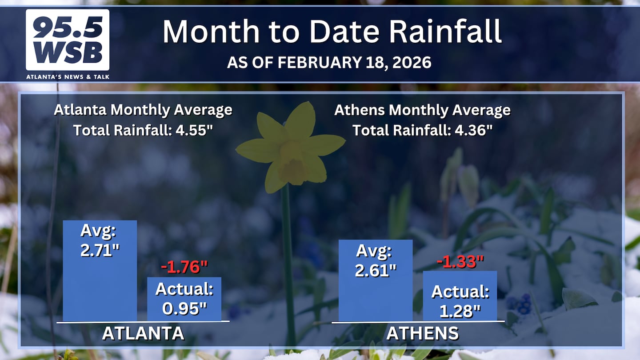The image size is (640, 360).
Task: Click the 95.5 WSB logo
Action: point(68,40)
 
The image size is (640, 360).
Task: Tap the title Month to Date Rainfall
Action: point(332,31)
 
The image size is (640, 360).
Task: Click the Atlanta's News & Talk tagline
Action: point(68,77)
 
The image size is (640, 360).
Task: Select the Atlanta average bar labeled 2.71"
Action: point(100,271)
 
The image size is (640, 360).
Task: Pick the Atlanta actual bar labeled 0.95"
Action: point(184,299)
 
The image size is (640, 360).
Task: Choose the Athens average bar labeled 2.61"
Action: point(376,280)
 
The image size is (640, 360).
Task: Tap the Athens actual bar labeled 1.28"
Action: point(460,296)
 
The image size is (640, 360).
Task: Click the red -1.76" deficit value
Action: point(184,267)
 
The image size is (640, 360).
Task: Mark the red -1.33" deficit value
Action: point(460,261)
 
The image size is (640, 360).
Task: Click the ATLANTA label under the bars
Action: point(143,333)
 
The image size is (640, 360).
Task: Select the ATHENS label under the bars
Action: point(423,333)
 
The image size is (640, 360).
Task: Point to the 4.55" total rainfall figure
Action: point(194,130)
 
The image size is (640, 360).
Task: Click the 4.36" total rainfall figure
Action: point(473,130)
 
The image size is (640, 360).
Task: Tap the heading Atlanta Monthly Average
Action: point(143,110)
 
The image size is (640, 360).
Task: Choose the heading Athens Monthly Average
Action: point(422,110)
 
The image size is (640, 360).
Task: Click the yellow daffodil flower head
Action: point(290,147)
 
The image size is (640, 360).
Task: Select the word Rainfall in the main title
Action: point(445,31)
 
